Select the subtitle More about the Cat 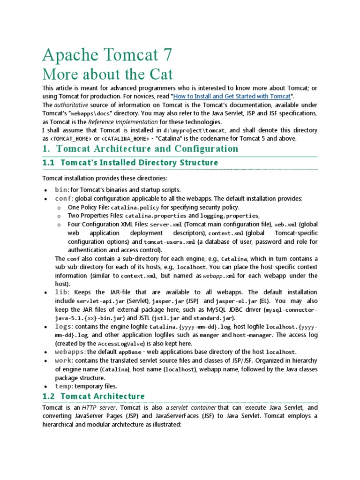107,74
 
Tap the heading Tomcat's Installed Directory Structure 140,163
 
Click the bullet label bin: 62,190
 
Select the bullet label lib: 62,292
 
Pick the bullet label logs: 64,326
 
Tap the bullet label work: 64,360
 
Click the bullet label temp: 64,386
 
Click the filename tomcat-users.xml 169,242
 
